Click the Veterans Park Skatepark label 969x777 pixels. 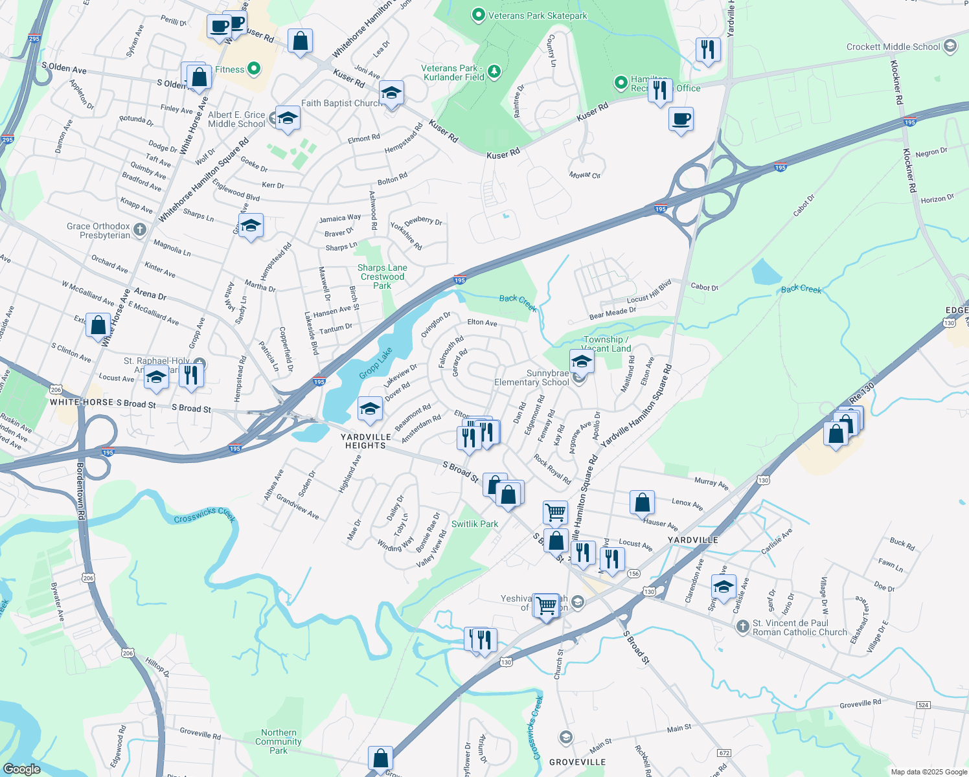coord(538,16)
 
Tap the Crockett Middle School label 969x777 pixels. coord(893,47)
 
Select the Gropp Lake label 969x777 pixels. coord(376,363)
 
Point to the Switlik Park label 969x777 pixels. coord(475,524)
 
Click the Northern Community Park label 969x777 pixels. coord(279,741)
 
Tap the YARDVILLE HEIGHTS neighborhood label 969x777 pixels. coord(365,441)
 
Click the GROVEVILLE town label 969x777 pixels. coord(577,762)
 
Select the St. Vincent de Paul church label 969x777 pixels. coord(799,627)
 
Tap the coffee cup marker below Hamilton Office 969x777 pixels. coord(681,119)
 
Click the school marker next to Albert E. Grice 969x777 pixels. coord(288,118)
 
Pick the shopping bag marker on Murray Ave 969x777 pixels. coord(642,502)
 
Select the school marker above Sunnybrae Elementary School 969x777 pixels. coord(582,361)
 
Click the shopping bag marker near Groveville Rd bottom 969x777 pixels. coord(380,758)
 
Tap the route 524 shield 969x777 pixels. coord(923,704)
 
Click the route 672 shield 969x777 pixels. coord(724,753)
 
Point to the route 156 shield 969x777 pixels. coord(633,574)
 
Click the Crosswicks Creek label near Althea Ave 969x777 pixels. coord(205,516)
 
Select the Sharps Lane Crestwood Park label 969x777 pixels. coord(382,276)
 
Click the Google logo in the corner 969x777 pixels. coord(21,769)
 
